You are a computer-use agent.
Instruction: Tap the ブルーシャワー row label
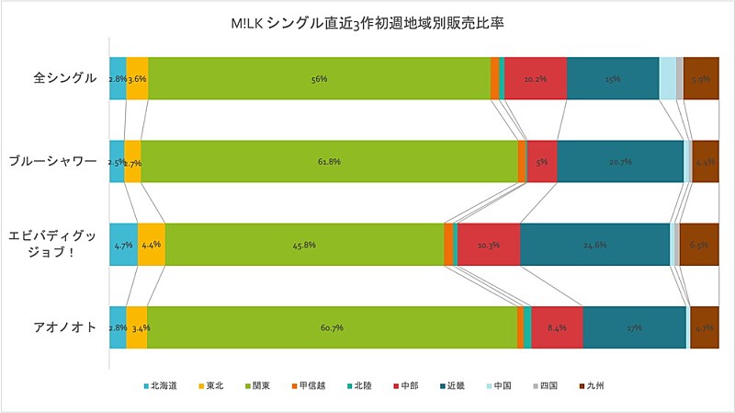52,160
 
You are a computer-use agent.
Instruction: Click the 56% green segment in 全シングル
319,78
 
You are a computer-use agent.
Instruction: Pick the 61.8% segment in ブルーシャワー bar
329,161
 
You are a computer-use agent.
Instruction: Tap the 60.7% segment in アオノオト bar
332,327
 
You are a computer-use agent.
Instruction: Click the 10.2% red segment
536,78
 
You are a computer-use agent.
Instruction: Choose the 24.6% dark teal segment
595,245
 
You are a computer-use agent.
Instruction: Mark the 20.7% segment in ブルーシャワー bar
620,161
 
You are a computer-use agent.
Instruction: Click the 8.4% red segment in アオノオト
557,327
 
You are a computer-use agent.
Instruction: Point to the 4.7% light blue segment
123,245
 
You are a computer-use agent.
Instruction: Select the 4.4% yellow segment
152,245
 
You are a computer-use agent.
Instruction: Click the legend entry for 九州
598,385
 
